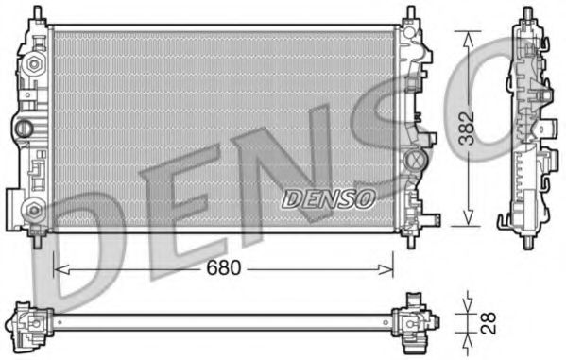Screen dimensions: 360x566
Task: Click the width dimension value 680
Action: [224, 267]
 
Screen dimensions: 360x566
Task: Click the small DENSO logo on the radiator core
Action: [329, 198]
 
